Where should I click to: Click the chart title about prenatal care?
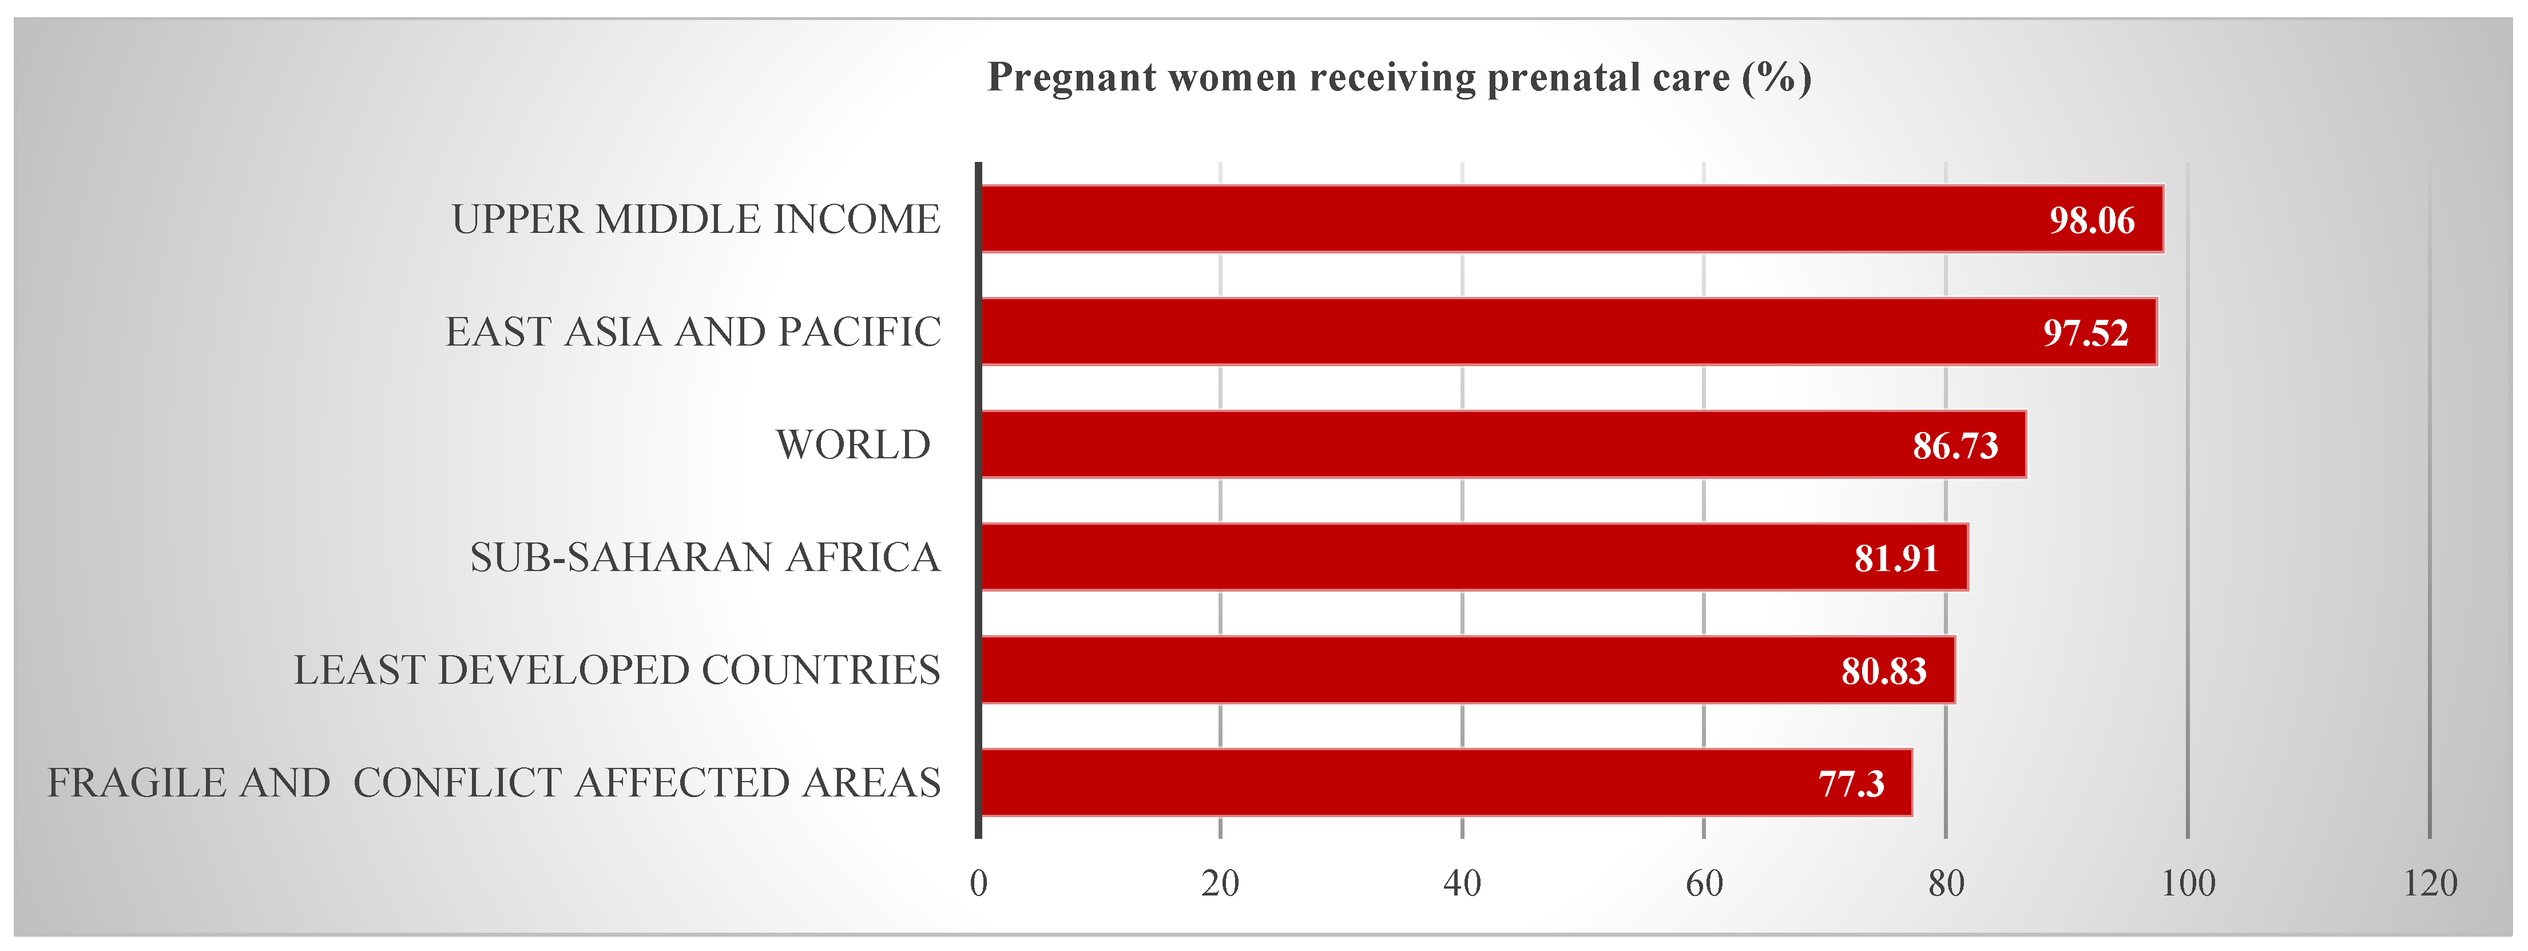(1399, 77)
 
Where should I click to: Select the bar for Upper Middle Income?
(1570, 219)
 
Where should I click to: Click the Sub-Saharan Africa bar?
(1472, 557)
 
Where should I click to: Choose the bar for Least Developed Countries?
(1467, 670)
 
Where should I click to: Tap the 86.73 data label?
(1955, 446)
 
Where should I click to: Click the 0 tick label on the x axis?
(978, 884)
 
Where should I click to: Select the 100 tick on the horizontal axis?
(2188, 884)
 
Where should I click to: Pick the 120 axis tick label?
(2430, 884)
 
